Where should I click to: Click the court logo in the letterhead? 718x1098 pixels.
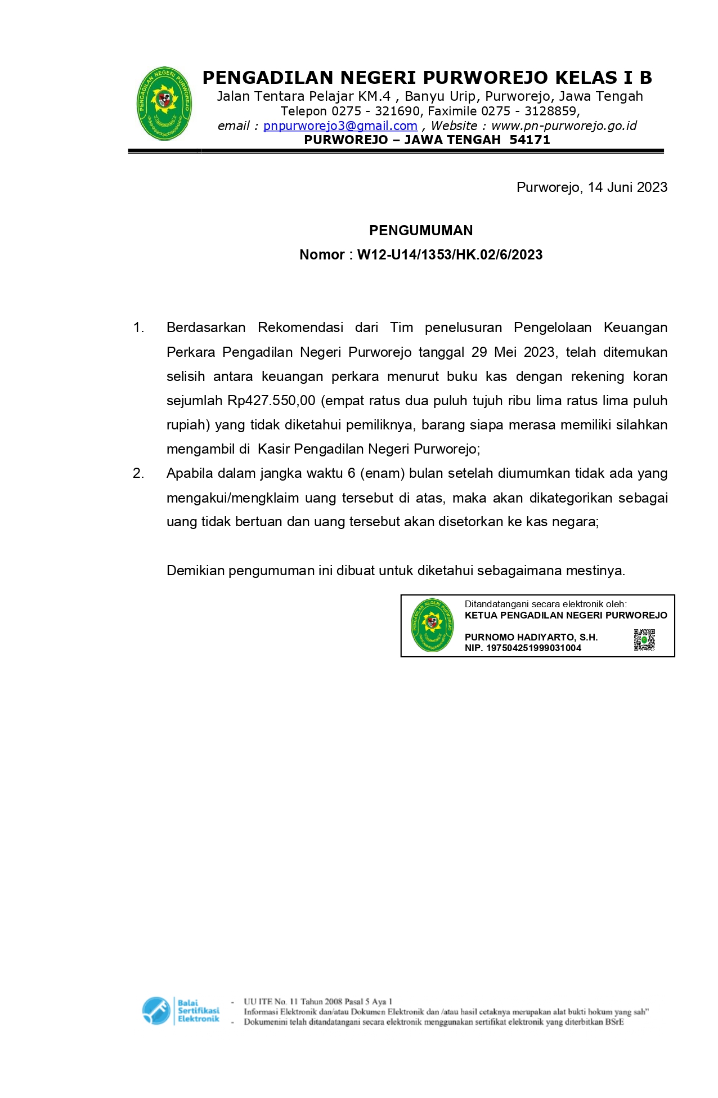pos(164,104)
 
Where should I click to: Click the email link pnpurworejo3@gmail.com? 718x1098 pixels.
pos(340,126)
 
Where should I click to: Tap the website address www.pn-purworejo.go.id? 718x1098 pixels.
pos(564,126)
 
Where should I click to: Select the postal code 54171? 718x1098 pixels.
pos(529,140)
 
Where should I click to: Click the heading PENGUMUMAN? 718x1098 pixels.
pos(421,230)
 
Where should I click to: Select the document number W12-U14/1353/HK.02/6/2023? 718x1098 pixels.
pos(450,255)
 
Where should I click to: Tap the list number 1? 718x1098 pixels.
pos(138,328)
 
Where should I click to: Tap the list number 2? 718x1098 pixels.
pos(138,473)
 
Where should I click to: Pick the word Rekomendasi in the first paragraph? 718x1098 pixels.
pos(300,328)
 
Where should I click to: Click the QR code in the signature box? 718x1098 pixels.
pos(644,640)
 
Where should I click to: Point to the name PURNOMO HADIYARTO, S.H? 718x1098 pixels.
pos(531,637)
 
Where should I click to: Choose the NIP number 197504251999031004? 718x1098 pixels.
pos(533,648)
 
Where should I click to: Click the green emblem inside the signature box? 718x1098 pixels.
pos(432,625)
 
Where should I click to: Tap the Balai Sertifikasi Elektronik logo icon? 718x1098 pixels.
pos(156,1011)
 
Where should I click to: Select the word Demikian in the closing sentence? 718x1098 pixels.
pos(195,571)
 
